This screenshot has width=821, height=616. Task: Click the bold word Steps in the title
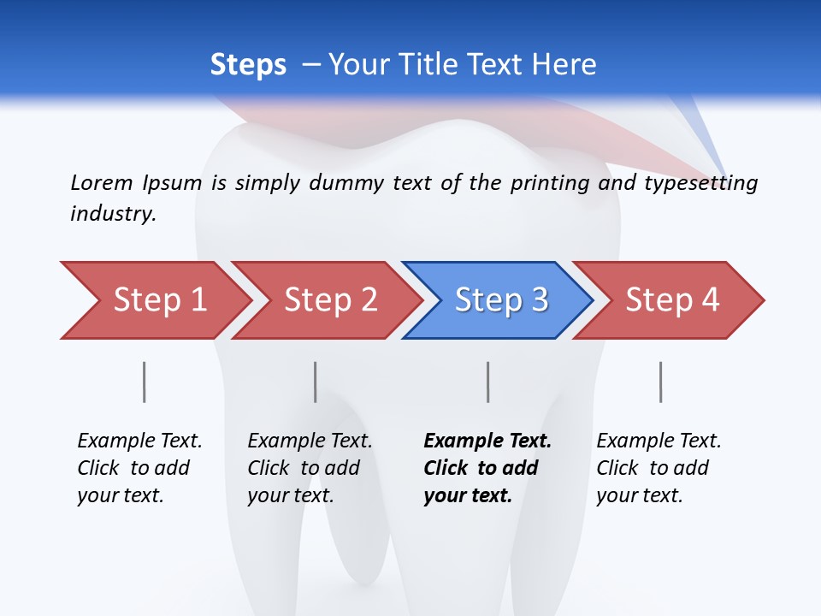(248, 65)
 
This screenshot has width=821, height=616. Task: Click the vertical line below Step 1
(144, 382)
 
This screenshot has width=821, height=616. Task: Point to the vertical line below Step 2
(316, 382)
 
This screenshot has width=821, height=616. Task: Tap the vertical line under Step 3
(488, 382)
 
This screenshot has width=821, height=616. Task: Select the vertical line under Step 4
(660, 382)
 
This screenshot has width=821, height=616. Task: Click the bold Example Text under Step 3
(487, 468)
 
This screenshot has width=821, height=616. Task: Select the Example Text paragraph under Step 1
(139, 468)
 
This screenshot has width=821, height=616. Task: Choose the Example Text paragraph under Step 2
(310, 468)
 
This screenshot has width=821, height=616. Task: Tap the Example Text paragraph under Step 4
(659, 468)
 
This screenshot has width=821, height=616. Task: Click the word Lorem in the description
(102, 182)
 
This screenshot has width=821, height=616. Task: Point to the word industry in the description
(113, 213)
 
